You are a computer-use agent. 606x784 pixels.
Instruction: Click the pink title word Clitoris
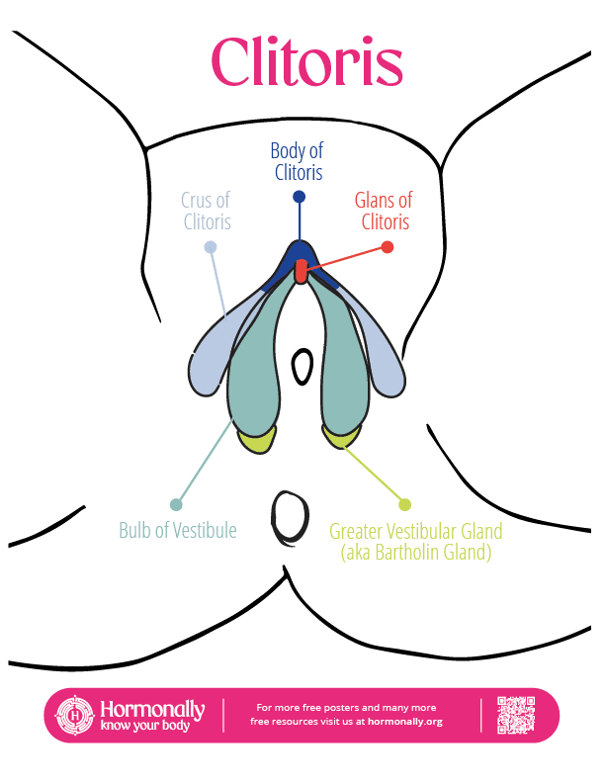[x=306, y=62]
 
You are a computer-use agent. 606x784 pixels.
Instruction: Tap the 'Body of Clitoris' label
[x=297, y=161]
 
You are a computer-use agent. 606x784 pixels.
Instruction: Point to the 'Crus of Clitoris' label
[x=208, y=211]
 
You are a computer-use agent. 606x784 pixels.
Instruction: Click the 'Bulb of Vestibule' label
[x=177, y=530]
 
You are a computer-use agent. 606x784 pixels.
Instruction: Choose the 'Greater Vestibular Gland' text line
[x=416, y=531]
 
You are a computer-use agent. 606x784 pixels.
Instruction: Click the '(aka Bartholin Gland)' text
[x=416, y=553]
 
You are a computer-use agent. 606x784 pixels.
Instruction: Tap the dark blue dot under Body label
[x=298, y=196]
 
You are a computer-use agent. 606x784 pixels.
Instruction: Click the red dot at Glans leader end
[x=389, y=247]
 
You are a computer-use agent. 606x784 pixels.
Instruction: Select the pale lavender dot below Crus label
[x=210, y=247]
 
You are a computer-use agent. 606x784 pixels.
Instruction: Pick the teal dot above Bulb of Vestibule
[x=177, y=504]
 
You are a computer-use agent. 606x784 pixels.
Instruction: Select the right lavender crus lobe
[x=386, y=361]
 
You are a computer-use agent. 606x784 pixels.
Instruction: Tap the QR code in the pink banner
[x=515, y=715]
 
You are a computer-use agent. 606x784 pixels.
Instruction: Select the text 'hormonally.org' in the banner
[x=406, y=722]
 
